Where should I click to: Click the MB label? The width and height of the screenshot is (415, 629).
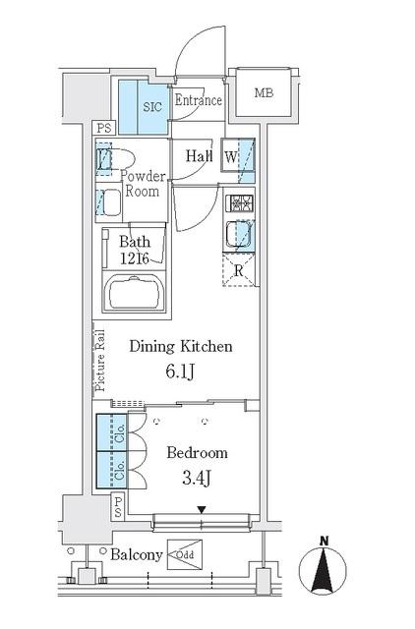click(264, 93)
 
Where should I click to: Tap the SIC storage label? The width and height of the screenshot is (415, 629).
click(152, 107)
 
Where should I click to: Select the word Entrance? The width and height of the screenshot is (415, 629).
click(199, 100)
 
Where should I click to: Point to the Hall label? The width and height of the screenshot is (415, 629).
click(199, 155)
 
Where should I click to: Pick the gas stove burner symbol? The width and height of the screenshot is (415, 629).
click(240, 203)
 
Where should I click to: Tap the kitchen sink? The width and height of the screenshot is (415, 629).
click(240, 235)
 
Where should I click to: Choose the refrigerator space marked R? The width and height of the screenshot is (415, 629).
click(239, 269)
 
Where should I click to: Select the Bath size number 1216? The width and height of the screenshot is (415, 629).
click(135, 258)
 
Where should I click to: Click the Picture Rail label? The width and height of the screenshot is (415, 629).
click(100, 361)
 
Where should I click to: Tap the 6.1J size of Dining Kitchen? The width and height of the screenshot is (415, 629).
click(181, 372)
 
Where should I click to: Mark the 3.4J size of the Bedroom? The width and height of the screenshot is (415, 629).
click(197, 479)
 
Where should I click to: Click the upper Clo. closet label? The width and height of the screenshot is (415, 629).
click(120, 433)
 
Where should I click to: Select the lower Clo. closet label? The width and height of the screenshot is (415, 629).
click(120, 470)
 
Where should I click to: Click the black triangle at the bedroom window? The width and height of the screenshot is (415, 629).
click(202, 510)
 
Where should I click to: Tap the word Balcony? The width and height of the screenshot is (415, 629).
click(137, 554)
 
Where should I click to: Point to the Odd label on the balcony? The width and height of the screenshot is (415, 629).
click(185, 555)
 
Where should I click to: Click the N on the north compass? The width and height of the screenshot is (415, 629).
click(324, 542)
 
